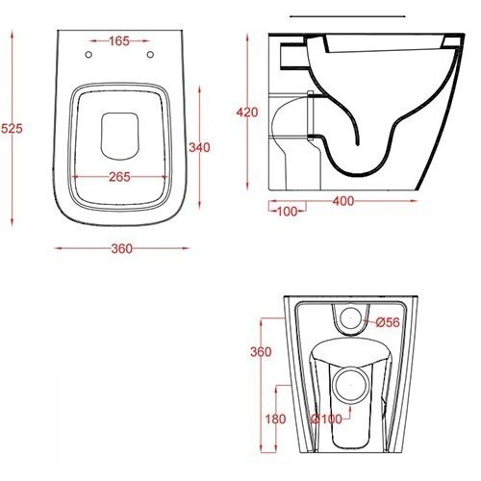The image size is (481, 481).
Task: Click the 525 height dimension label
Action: pyautogui.click(x=12, y=127)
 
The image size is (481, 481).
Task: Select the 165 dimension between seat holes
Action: pyautogui.click(x=120, y=42)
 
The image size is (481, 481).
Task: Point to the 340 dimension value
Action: pyautogui.click(x=199, y=147)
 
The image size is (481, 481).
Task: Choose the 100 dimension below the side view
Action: pyautogui.click(x=286, y=210)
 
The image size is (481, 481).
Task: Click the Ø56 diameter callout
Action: pyautogui.click(x=387, y=320)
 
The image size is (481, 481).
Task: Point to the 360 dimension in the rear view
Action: pyautogui.click(x=260, y=353)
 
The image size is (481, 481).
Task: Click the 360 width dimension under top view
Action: pyautogui.click(x=120, y=249)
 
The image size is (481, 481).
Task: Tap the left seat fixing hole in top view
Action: pyautogui.click(x=89, y=55)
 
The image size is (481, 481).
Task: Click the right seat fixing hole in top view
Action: pyautogui.click(x=152, y=55)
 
